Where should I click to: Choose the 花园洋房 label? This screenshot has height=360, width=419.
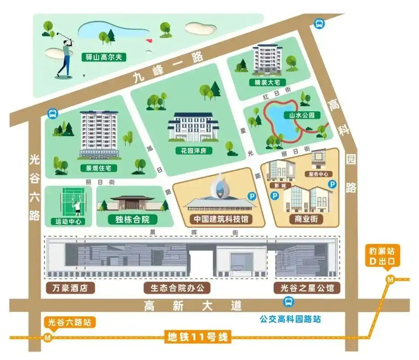(194, 151)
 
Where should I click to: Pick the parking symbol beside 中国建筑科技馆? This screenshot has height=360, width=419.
(252, 196)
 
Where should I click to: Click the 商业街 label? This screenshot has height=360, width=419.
(306, 219)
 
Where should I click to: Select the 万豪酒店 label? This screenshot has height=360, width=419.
(70, 288)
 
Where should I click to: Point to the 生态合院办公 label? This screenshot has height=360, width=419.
(177, 288)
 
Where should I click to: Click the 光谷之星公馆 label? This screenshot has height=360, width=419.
(307, 288)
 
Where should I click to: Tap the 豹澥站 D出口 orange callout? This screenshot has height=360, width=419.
(381, 256)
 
